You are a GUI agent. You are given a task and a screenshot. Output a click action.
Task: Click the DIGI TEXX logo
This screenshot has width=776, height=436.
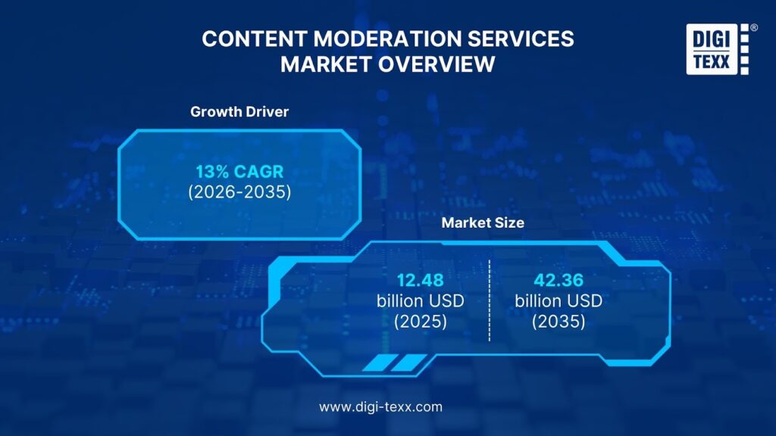(x=718, y=49)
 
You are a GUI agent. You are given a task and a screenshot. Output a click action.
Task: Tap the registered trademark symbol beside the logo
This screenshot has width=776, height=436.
(x=754, y=28)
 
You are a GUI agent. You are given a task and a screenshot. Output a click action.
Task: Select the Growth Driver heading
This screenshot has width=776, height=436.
(x=239, y=112)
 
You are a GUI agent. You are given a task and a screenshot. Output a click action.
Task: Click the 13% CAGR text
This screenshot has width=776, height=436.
(x=239, y=172)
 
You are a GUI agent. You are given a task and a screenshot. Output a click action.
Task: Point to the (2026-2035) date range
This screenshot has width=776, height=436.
(x=239, y=192)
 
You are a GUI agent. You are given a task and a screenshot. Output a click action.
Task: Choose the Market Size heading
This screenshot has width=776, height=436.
(x=483, y=223)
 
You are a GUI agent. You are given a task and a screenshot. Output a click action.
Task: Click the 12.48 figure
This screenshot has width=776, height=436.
(x=420, y=280)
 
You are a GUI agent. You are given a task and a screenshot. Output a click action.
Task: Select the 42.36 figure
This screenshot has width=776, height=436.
(x=559, y=280)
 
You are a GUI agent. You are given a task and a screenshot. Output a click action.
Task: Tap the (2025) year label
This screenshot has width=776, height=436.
(x=420, y=322)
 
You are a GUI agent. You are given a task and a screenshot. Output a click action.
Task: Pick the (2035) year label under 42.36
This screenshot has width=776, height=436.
(x=559, y=322)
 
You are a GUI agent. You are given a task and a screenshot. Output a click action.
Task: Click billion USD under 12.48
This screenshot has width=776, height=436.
(x=420, y=301)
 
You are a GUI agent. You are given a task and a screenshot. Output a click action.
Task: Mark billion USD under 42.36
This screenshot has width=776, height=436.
(x=559, y=301)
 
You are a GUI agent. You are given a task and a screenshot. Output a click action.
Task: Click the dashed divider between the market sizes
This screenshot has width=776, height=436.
(x=490, y=301)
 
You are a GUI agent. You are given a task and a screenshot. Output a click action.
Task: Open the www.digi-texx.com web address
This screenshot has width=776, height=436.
(x=380, y=406)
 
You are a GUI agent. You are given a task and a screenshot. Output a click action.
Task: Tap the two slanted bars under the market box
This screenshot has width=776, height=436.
(x=395, y=363)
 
